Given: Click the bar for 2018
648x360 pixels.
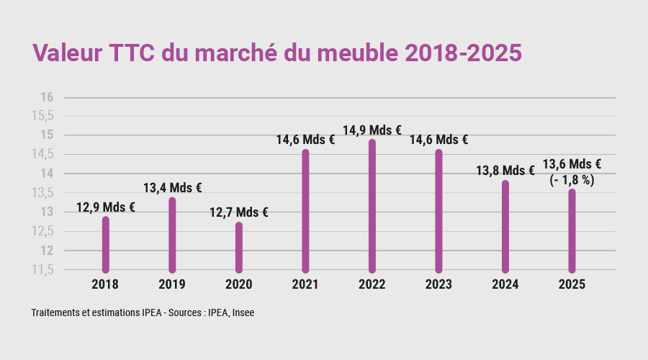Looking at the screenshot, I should [106, 245].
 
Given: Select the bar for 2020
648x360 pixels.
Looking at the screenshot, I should [239, 248].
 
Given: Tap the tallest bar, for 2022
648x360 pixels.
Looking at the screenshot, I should [372, 206].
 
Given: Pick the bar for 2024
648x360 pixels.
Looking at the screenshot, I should [505, 226].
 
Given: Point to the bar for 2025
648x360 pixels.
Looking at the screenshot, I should [572, 230].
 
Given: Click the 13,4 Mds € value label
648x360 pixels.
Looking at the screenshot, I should [172, 188].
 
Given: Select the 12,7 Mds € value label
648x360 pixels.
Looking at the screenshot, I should [239, 212].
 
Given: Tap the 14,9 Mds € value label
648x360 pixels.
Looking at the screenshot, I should [372, 130].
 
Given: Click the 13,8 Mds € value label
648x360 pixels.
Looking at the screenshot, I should [505, 171].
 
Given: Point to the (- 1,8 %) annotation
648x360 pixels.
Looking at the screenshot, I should [572, 180].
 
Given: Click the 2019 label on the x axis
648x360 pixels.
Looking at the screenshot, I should [172, 284].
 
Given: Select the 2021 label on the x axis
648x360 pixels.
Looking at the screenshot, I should [305, 284].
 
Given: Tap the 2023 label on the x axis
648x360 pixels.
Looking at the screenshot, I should [438, 284].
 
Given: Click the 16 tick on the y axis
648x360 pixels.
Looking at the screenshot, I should [47, 97].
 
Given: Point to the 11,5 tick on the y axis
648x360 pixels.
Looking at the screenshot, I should [42, 270].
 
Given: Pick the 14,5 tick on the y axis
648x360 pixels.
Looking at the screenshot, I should [42, 154].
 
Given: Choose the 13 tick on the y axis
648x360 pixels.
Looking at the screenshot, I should [47, 212].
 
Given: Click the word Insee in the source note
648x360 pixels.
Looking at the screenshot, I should [242, 313].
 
